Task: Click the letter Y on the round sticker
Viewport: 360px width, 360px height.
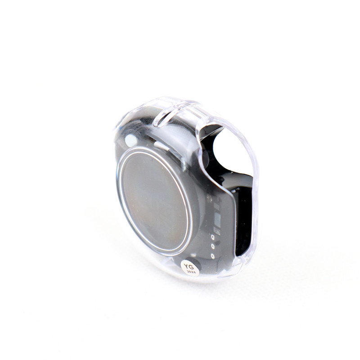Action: click(x=186, y=266)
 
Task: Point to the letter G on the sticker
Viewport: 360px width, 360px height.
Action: click(x=191, y=267)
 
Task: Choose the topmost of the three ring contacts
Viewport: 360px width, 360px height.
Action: click(x=213, y=237)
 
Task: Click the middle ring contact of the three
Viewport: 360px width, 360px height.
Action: click(x=213, y=246)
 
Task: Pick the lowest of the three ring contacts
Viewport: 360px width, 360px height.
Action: click(x=213, y=256)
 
